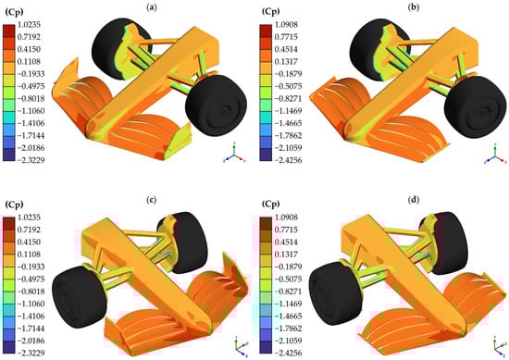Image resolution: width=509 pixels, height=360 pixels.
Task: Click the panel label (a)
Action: pos(152,7)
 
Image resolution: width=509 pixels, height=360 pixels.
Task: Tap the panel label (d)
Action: pos(413,200)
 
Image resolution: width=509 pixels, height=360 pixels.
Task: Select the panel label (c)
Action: pos(151,200)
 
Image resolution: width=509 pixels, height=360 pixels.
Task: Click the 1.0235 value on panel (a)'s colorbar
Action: pos(30,25)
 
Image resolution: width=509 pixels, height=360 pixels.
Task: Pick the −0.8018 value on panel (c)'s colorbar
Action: pos(30,292)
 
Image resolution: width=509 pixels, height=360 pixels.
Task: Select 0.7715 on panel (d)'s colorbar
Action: pos(286,230)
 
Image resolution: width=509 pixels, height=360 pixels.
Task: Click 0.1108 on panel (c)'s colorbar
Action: pos(30,254)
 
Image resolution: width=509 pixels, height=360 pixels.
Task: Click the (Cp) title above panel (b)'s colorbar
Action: pos(270,12)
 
